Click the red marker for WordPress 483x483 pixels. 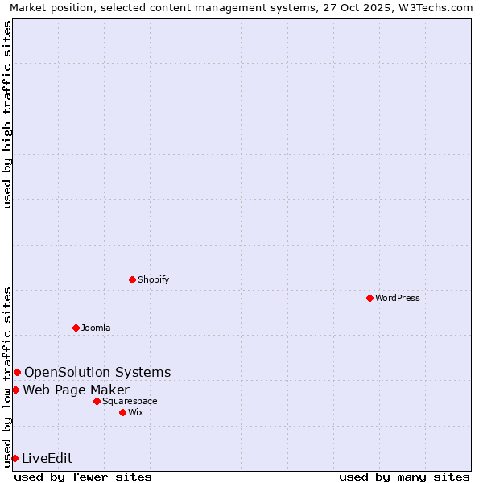(x=369, y=298)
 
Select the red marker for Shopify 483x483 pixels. (x=132, y=279)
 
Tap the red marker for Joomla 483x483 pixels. (x=76, y=328)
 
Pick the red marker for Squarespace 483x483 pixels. (x=97, y=401)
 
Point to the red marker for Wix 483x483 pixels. (x=122, y=412)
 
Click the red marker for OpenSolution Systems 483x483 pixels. (x=17, y=372)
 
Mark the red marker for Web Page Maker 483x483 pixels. (x=15, y=390)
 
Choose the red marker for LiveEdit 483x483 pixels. (x=14, y=458)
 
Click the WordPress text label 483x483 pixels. (x=398, y=298)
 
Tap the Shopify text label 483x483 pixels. (x=153, y=279)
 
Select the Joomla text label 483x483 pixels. (x=96, y=328)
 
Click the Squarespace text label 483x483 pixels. (x=130, y=401)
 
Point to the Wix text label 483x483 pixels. (x=135, y=412)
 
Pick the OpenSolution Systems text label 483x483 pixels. (x=97, y=372)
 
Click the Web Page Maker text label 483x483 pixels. (x=76, y=390)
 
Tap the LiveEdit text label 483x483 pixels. (x=47, y=459)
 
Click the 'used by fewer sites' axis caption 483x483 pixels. (x=83, y=477)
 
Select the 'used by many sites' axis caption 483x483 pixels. (x=404, y=477)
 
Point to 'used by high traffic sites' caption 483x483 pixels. (x=7, y=114)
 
